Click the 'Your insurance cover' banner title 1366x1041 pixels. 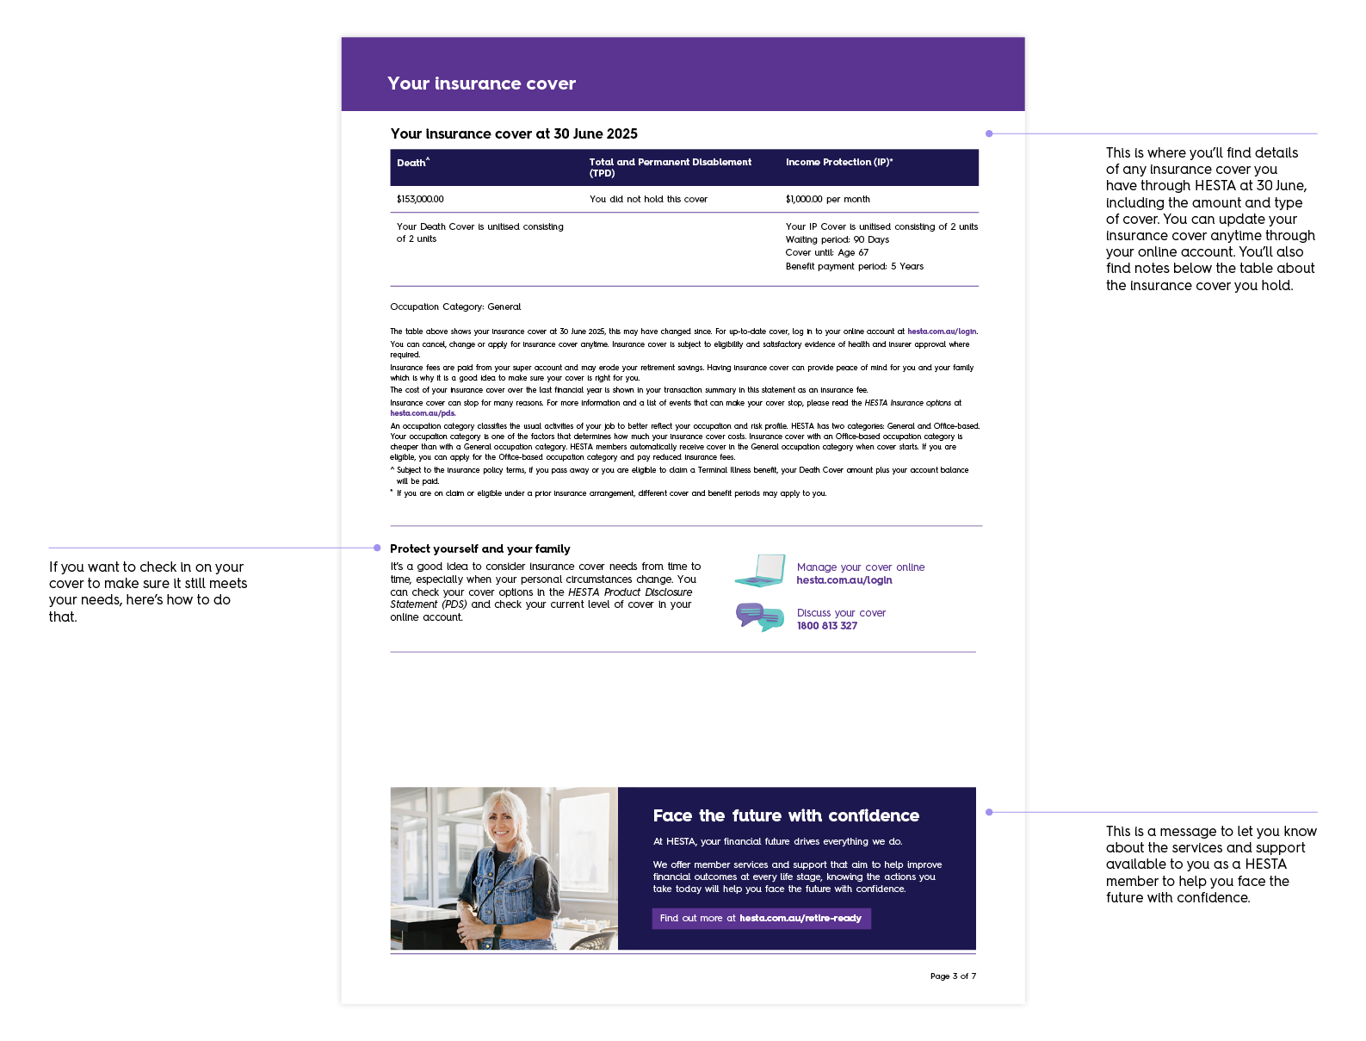(481, 84)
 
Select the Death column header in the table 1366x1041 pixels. (412, 163)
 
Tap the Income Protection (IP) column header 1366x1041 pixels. (838, 162)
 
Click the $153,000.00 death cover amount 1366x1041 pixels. (420, 199)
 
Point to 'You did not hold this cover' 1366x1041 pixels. (648, 199)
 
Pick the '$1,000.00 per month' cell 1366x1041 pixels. (827, 199)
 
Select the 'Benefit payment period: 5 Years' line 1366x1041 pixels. (854, 266)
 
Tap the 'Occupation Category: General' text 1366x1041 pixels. (455, 307)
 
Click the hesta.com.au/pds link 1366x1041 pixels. (423, 413)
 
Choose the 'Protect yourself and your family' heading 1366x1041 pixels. (479, 548)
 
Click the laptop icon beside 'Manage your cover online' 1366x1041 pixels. (760, 571)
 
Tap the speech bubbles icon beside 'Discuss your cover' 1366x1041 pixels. (759, 617)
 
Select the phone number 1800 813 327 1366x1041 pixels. (826, 626)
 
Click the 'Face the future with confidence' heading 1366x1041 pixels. (786, 815)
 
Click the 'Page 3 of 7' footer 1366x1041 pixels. (953, 976)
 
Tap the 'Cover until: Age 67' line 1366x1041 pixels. (826, 252)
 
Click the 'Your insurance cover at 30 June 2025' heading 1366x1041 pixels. (514, 133)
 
